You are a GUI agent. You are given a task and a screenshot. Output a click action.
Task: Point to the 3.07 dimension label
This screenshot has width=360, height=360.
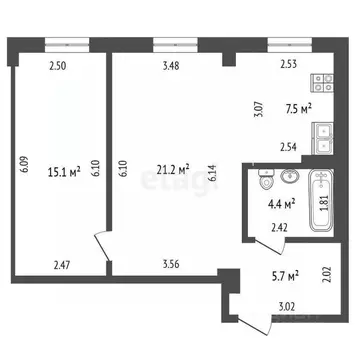256,108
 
